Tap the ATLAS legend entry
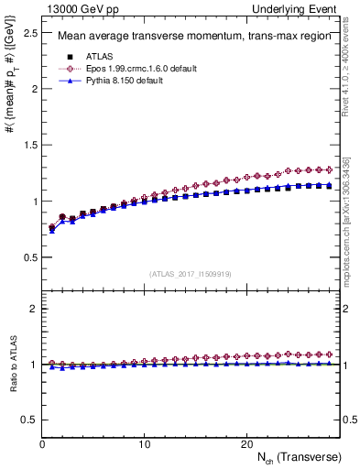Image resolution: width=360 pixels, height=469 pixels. tap(97, 55)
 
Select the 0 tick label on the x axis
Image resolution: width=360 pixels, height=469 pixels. tap(43, 444)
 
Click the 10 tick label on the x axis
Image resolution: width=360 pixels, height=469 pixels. tap(144, 444)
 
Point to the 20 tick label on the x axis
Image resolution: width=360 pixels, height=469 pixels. tap(245, 444)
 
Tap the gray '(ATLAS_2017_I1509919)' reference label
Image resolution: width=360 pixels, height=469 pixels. tap(191, 273)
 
